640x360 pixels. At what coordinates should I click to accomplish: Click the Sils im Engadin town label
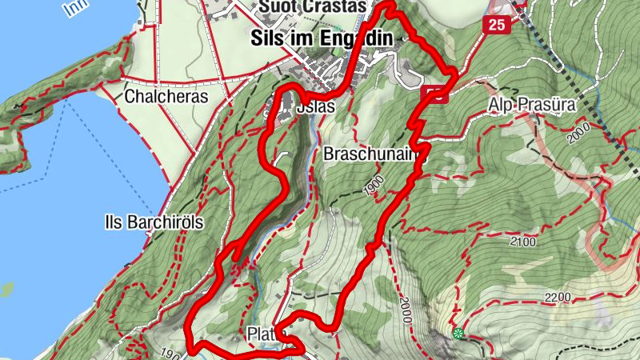pos(321,38)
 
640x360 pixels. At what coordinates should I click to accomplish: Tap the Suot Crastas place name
pos(312,7)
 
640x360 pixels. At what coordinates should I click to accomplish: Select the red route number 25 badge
pos(497,25)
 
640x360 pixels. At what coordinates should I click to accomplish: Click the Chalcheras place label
pos(166,97)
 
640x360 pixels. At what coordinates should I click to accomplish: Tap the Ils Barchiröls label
pos(154,222)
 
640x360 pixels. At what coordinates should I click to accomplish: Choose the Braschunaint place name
pos(370,155)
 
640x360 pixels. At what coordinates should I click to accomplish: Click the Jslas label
pos(314,106)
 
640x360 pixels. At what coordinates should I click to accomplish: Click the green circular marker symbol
pos(458,333)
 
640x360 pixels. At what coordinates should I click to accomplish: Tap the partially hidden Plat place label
pos(262,334)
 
